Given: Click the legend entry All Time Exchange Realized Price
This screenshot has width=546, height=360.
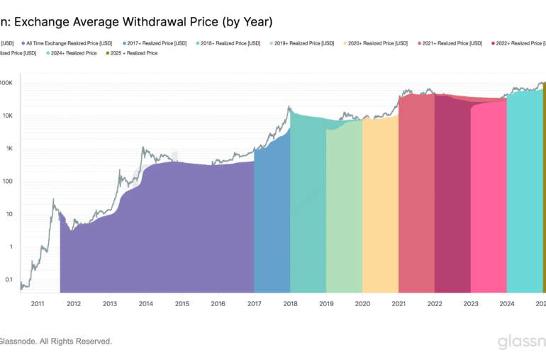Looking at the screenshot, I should pos(67,43).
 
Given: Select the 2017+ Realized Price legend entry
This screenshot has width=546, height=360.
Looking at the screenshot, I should pos(152,43).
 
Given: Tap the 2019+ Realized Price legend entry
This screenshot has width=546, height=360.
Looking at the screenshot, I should pos(304,43).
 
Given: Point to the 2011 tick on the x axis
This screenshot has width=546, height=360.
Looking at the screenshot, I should pos(38,303).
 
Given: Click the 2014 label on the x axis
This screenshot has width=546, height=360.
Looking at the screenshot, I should pos(146,303).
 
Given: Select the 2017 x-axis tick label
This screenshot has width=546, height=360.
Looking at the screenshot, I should pos(254,303).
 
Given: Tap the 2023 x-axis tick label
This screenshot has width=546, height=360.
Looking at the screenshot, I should pos(471,303).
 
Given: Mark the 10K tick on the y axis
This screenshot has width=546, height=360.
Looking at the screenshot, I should pos(7,116).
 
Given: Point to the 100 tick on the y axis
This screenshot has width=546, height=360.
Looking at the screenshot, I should pos(7,181).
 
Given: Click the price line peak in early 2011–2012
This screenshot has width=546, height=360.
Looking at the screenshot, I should pos(54,200).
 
